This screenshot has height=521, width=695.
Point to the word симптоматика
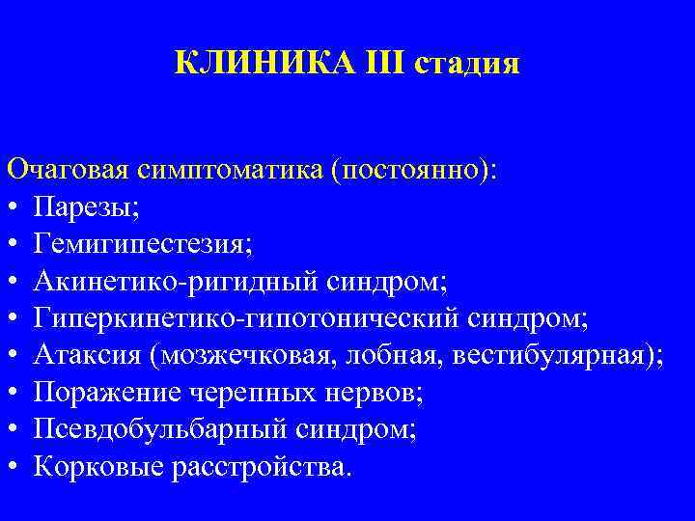[x=230, y=170]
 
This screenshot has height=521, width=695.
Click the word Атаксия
[x=87, y=355]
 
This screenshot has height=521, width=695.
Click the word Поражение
[x=105, y=393]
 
